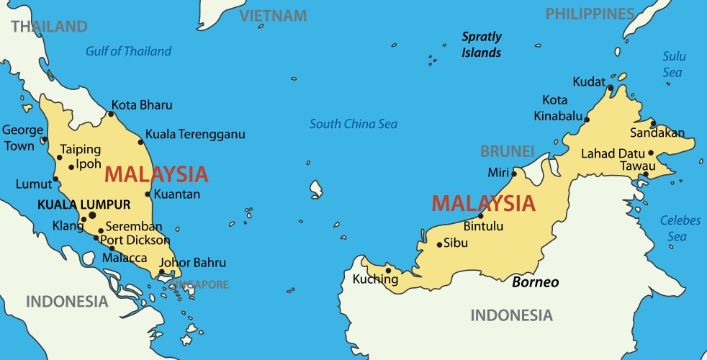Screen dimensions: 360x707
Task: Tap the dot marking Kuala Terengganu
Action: pos(141,142)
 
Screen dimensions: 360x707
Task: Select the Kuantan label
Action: pos(176,194)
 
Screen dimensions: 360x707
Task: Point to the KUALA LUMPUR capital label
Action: pos(84,204)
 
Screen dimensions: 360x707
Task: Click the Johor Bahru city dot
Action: pos(162,272)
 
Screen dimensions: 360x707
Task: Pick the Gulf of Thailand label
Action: pos(129,51)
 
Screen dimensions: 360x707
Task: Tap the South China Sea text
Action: pos(353,125)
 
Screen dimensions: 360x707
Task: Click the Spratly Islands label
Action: pos(482,44)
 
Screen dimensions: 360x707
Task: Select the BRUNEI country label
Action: pos(508,152)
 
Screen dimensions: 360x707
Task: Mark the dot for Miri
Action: pos(514,174)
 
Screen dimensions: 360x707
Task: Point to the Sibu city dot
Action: pos(439,245)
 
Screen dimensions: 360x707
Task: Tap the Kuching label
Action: pos(375,279)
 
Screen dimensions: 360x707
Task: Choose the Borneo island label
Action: pos(535,282)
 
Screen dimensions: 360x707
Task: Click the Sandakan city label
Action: pos(657,133)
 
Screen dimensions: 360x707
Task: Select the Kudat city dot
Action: pos(610,89)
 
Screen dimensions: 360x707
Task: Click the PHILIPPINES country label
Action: pos(590,14)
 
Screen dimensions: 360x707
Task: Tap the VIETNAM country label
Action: pos(273,16)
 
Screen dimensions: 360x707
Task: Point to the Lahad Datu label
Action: pos(613,153)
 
